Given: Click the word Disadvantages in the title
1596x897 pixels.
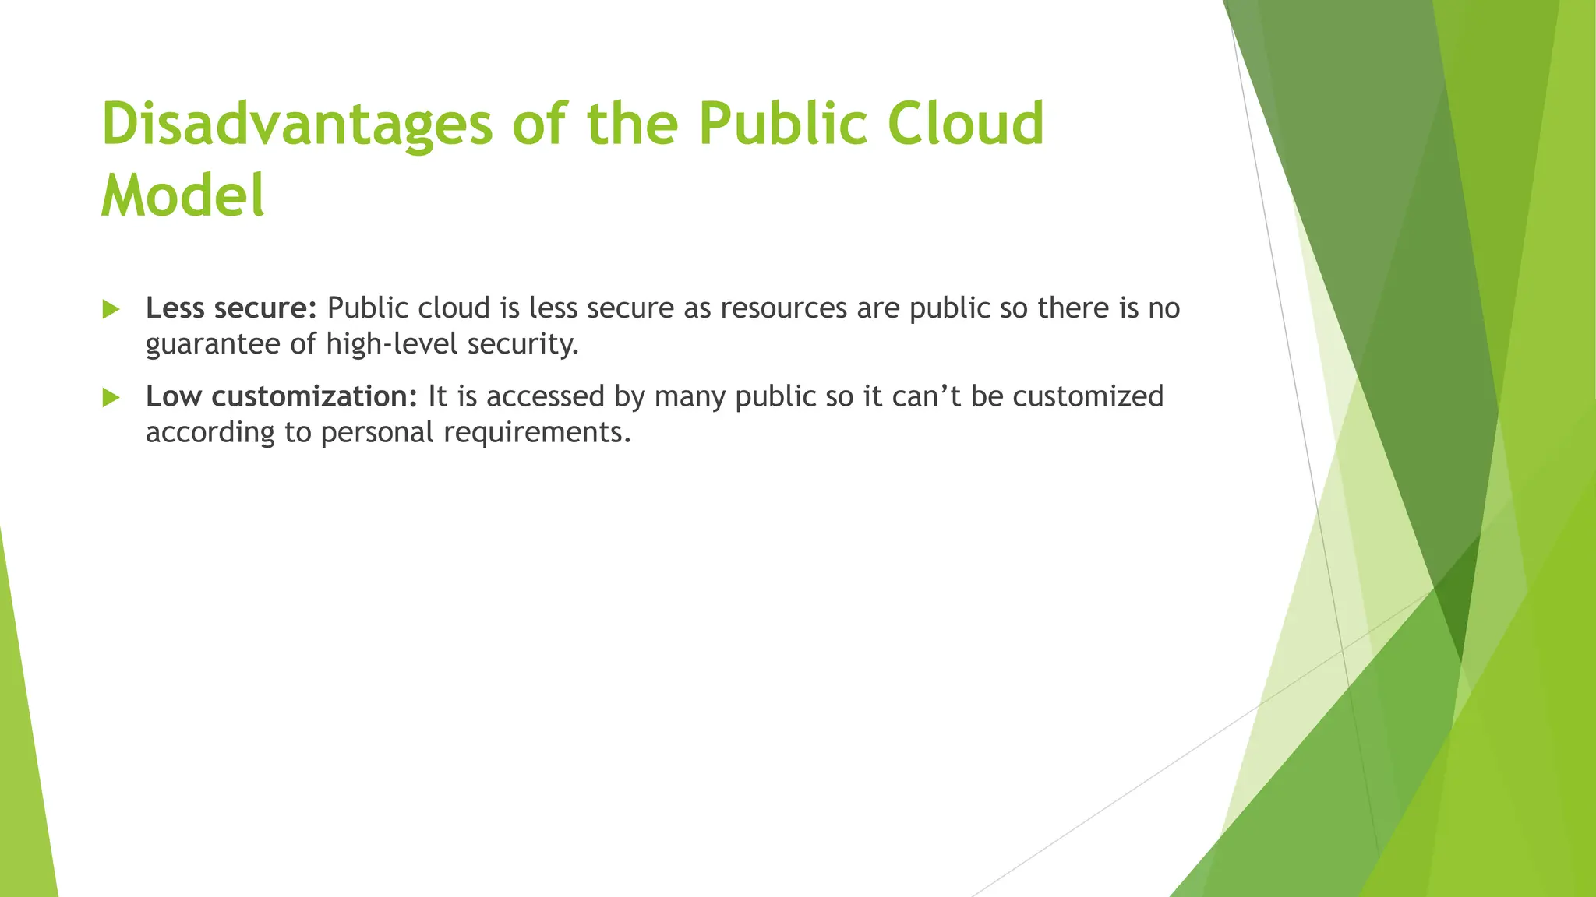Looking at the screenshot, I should [297, 125].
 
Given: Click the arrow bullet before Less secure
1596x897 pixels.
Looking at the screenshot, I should [111, 310].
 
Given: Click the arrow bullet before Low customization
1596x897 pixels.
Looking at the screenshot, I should [111, 398].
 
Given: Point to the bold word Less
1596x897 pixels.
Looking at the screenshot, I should [175, 308].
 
